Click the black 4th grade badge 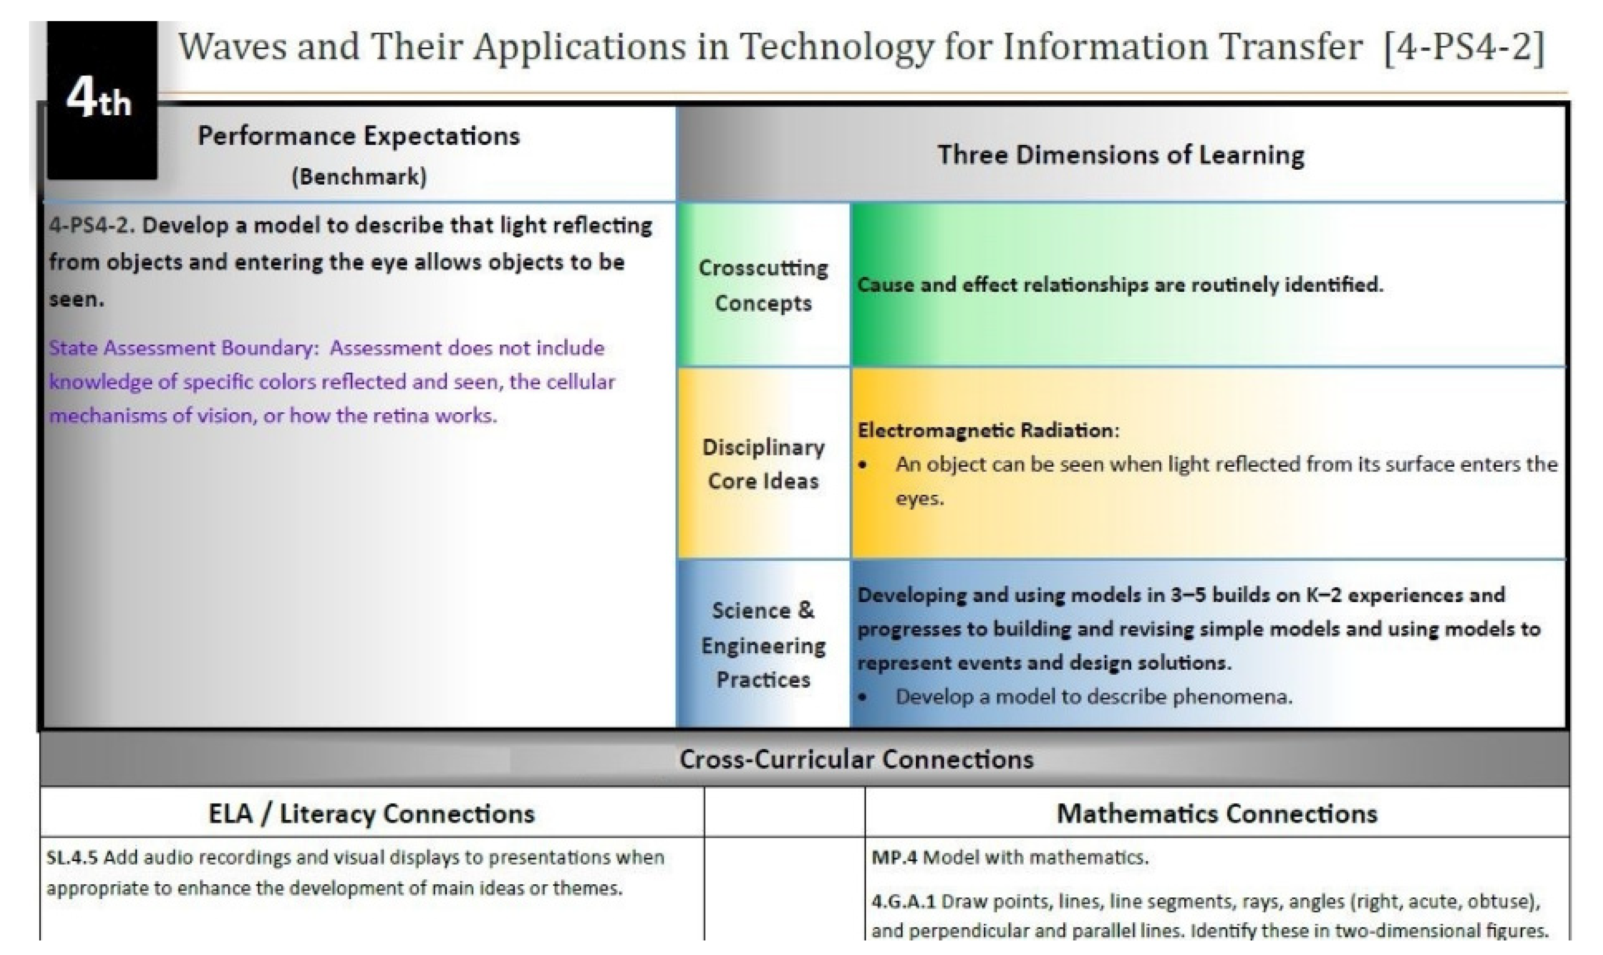(102, 100)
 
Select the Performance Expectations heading (358, 136)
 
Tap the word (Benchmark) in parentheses (359, 176)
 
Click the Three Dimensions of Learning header (1121, 155)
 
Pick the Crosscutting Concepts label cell (764, 285)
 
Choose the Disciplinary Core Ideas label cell (764, 463)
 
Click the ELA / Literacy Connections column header (372, 813)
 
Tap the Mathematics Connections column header (1217, 813)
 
